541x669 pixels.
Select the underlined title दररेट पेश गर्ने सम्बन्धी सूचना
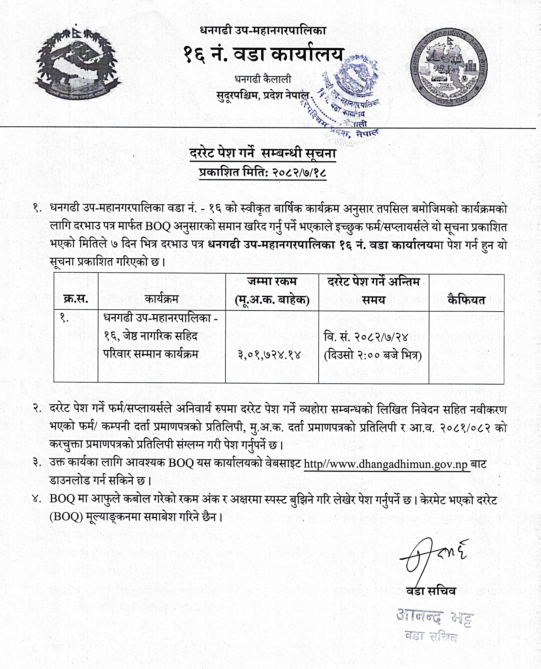(x=263, y=154)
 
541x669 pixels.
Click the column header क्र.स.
(x=76, y=299)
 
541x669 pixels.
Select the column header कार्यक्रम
(x=161, y=299)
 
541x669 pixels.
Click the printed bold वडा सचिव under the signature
(x=431, y=591)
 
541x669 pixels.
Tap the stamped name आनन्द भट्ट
(x=435, y=617)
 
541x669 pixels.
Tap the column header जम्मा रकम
(x=272, y=282)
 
